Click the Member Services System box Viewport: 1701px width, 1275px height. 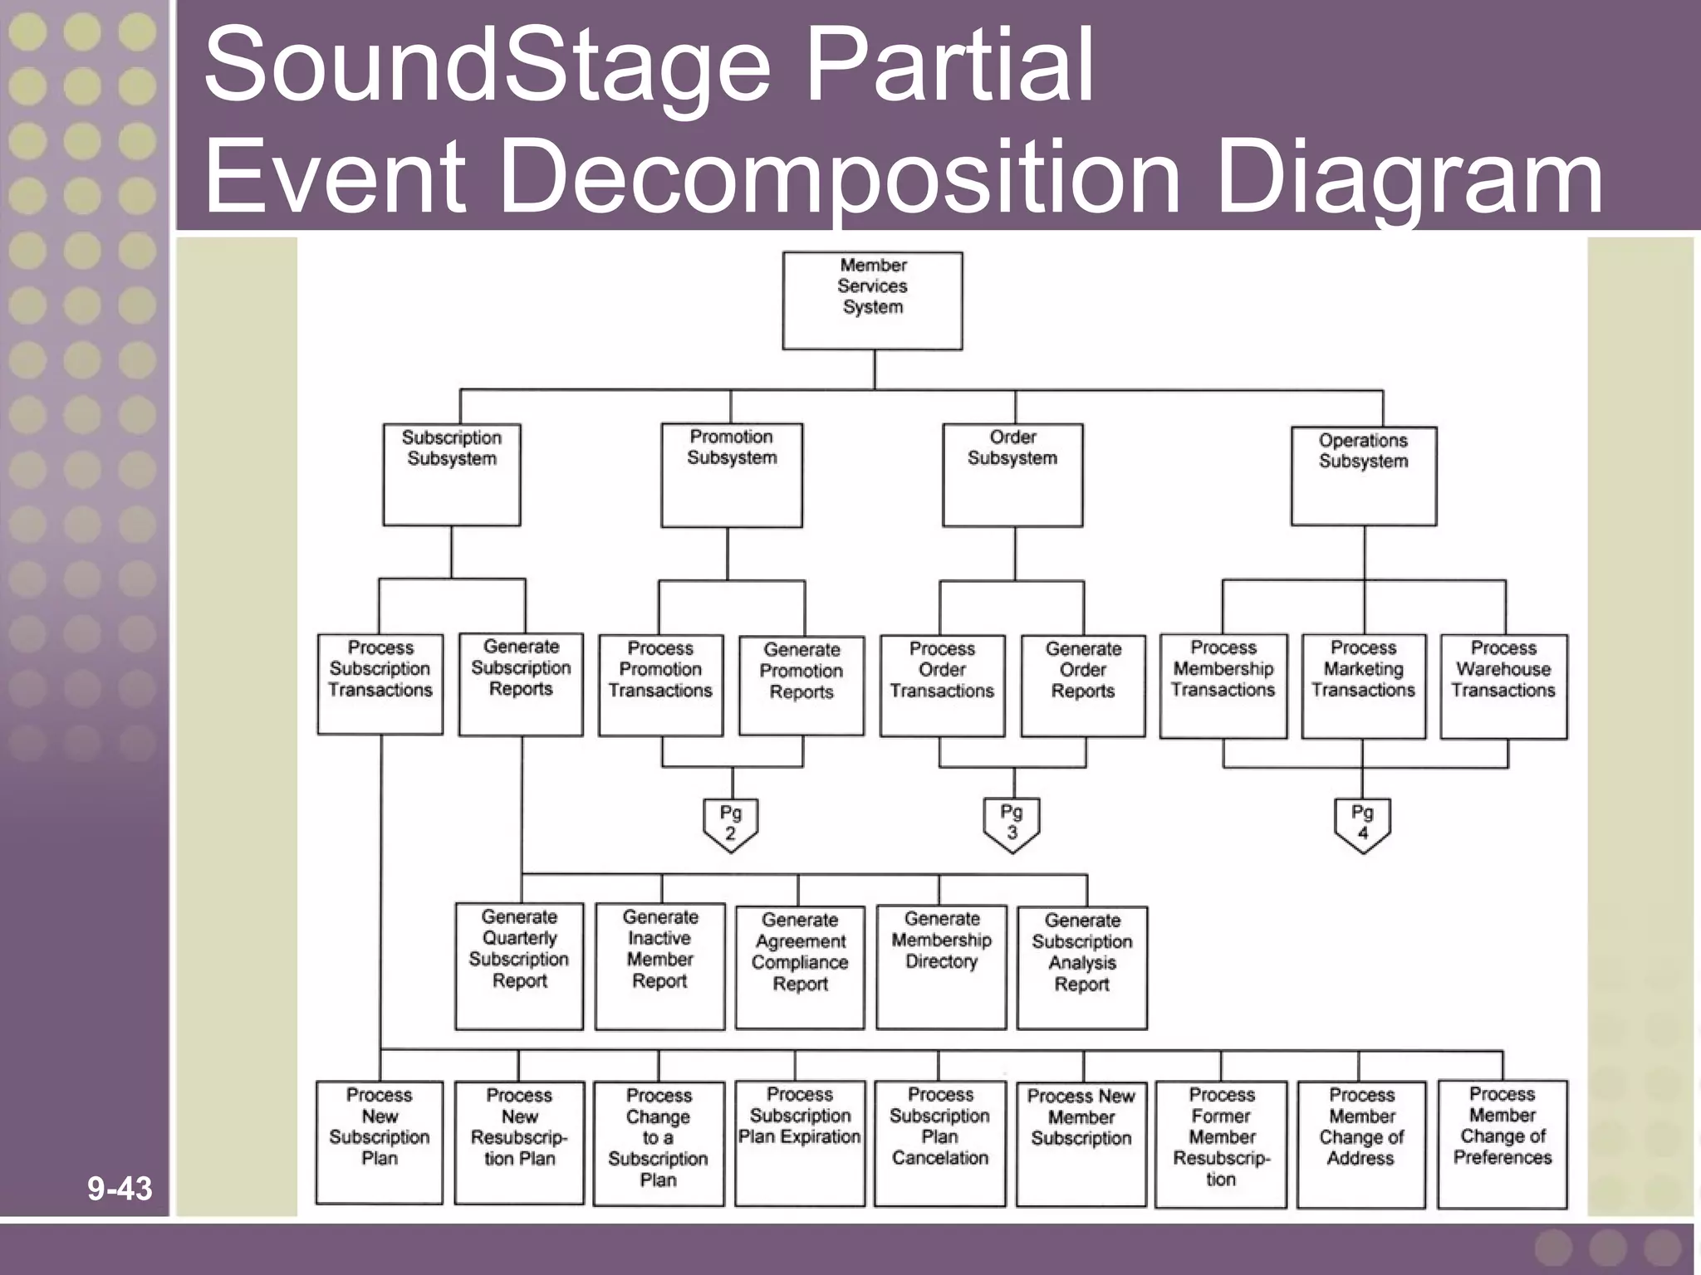pos(872,300)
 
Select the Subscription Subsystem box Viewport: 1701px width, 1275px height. pos(451,474)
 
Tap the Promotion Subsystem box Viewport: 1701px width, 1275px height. pos(731,474)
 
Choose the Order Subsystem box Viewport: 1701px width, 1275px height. pos(1012,474)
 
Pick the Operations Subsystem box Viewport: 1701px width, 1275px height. pos(1363,475)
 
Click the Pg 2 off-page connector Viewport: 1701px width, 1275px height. pos(730,824)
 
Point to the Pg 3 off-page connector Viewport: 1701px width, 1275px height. pos(1011,823)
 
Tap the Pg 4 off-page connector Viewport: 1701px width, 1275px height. pos(1362,824)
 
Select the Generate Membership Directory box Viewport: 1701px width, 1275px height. pos(941,966)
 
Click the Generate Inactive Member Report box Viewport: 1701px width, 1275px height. pos(659,966)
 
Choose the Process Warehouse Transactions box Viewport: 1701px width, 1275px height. pos(1503,686)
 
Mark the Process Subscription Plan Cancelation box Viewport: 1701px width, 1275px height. pos(939,1142)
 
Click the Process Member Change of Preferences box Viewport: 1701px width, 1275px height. pos(1502,1142)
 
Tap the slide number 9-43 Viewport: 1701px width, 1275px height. pos(120,1189)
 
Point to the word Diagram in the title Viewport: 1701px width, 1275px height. pos(1409,176)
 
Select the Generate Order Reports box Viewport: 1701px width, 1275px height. pos(1082,686)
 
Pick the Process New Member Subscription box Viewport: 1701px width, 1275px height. pos(1081,1143)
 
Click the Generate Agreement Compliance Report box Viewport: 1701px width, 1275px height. pos(799,966)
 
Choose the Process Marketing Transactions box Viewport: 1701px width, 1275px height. pos(1363,686)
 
